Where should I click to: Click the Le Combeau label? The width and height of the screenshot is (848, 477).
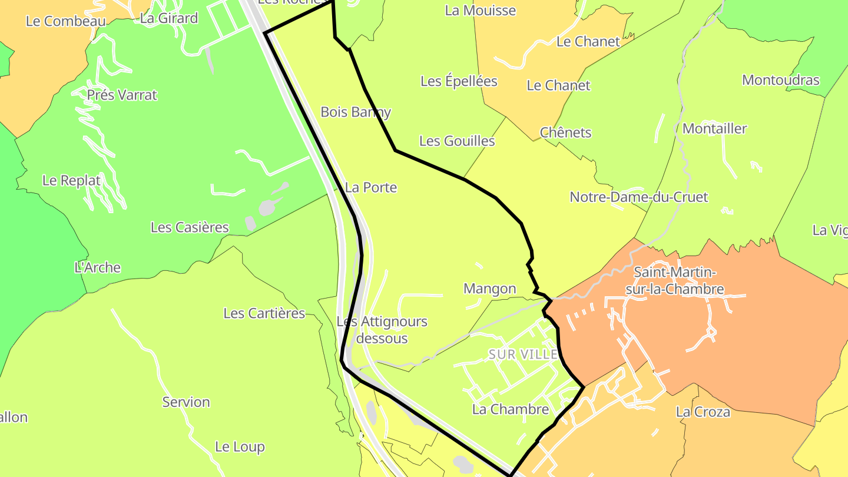point(65,21)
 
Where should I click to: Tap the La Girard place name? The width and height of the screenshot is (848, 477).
point(169,18)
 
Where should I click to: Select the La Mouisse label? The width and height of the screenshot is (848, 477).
point(481,11)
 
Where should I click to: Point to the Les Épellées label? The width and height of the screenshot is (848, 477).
point(459,81)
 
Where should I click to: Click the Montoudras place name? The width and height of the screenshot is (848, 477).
point(780,80)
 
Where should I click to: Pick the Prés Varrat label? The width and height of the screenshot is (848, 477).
point(122,95)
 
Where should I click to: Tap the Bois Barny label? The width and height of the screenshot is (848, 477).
point(356,112)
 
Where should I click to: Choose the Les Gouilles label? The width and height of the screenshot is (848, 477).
point(457,141)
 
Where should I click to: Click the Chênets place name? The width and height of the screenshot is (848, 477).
point(565,132)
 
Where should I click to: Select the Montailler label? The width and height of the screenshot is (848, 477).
point(714,128)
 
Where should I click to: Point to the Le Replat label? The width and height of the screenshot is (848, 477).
point(71,180)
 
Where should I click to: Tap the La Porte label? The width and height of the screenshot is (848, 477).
point(371,187)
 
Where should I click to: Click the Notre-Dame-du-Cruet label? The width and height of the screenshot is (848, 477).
point(638,197)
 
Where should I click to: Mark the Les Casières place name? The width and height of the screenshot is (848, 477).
point(190,227)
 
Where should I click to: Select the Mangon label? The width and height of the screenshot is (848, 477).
point(489,289)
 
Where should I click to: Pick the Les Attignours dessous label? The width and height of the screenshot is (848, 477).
point(382,330)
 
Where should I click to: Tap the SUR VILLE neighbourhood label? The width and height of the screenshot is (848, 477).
point(523,354)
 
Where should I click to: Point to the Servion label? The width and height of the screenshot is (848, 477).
point(186,402)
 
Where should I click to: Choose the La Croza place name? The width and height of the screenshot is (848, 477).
point(703,412)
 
